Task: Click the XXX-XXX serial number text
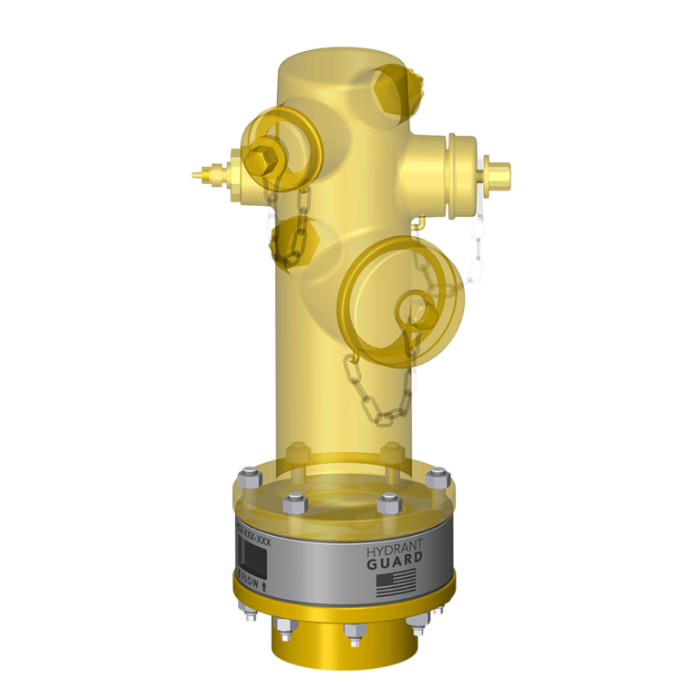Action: [x=253, y=530]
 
